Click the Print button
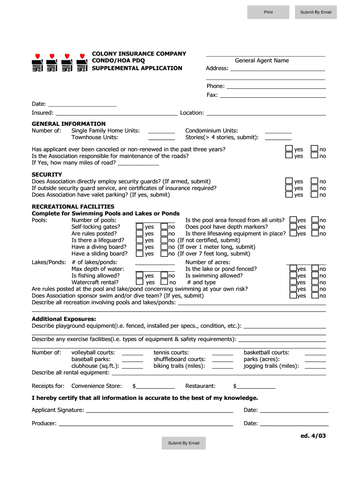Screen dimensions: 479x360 (268, 12)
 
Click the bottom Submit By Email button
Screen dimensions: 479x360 (184, 443)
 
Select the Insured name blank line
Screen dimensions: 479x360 (116, 113)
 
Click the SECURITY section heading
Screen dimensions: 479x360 (47, 174)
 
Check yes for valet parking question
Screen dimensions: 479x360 (289, 194)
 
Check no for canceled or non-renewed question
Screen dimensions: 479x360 (315, 149)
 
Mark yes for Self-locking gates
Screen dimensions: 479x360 (139, 227)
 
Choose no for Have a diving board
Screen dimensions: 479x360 (164, 247)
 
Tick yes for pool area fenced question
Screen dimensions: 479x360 (293, 220)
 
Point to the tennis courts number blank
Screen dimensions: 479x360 (222, 353)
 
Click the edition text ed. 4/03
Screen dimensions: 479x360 (313, 436)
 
